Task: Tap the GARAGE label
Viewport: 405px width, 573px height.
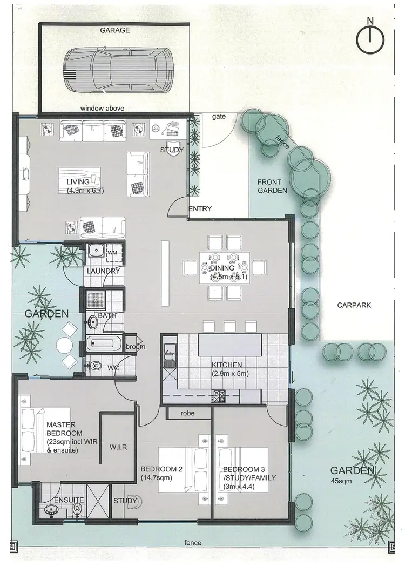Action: [x=114, y=30]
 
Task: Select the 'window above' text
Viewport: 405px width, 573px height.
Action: [x=102, y=109]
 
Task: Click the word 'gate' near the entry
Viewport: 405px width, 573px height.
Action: [x=218, y=116]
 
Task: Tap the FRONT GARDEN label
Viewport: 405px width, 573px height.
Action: [x=272, y=186]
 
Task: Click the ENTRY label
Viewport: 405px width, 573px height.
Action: [x=200, y=209]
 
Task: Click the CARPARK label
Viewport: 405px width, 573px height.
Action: [x=354, y=305]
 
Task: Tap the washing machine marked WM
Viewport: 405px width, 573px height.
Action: [x=112, y=252]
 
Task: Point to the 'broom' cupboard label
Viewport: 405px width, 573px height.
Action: [x=134, y=346]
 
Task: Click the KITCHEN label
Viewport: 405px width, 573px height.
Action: [x=226, y=365]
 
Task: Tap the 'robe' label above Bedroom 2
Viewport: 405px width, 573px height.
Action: [x=188, y=413]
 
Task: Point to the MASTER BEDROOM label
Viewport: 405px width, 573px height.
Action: [x=64, y=429]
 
